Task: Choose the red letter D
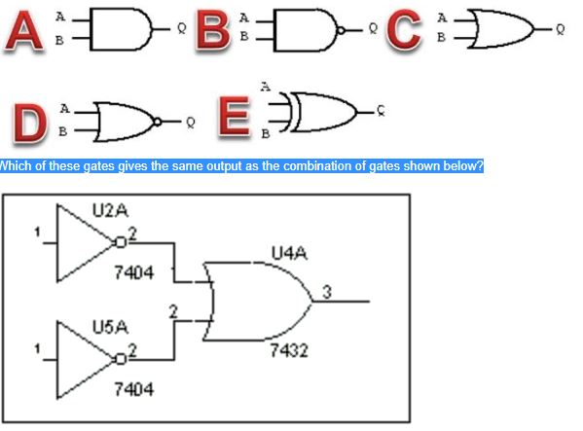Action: pyautogui.click(x=31, y=124)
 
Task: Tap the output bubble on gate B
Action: pyautogui.click(x=342, y=31)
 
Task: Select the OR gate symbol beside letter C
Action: pyautogui.click(x=498, y=30)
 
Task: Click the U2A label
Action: pyautogui.click(x=107, y=210)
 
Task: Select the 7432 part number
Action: pyautogui.click(x=289, y=349)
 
